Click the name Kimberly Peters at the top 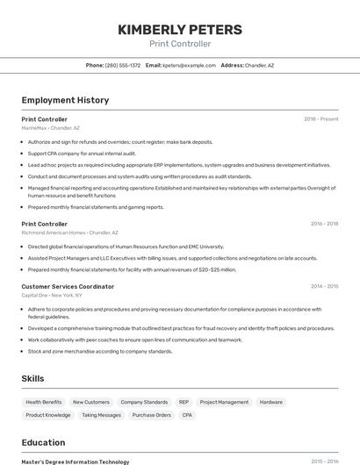click(x=180, y=30)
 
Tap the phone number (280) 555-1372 click(x=122, y=65)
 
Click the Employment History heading click(x=65, y=100)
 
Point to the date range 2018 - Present click(x=320, y=118)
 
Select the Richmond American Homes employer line click(x=68, y=232)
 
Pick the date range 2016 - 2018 click(x=324, y=224)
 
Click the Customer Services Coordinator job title click(x=68, y=287)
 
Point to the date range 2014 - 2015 click(x=324, y=287)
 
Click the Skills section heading click(x=33, y=378)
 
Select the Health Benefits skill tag click(x=44, y=402)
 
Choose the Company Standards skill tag click(x=144, y=402)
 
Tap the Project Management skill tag click(x=224, y=402)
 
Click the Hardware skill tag click(x=271, y=402)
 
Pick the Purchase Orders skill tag click(x=151, y=415)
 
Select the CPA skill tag click(x=187, y=415)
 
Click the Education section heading click(x=43, y=442)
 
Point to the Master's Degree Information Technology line click(x=76, y=461)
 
